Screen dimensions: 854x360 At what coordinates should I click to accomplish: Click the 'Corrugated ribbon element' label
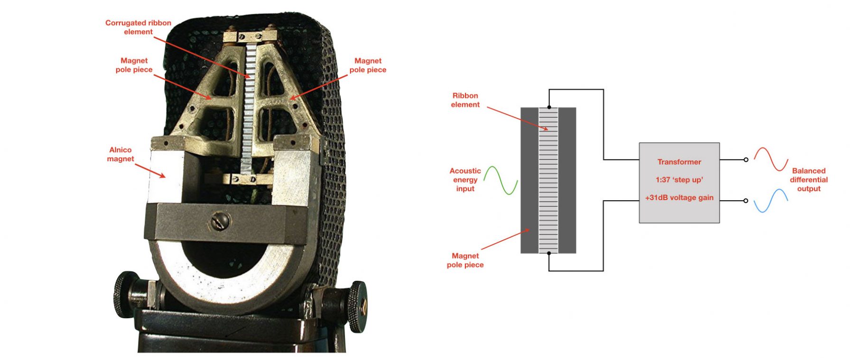point(138,27)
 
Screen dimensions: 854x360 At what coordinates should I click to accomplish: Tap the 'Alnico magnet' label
point(121,154)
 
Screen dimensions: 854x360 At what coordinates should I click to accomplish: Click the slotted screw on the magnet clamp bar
point(222,221)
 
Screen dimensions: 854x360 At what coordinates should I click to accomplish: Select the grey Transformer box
point(679,183)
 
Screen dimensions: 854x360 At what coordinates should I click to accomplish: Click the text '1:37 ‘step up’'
point(679,180)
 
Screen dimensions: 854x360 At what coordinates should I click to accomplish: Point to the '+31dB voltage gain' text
point(679,198)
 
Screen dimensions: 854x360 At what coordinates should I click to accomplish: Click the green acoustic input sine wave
point(501,180)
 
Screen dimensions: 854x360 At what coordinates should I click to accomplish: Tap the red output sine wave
point(771,159)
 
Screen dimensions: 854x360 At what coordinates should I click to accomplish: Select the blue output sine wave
point(771,201)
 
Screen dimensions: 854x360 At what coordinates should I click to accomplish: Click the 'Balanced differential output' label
point(808,180)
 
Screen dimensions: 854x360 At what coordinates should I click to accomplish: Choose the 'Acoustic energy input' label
point(465,180)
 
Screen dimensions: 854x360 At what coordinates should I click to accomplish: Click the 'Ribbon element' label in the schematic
point(465,100)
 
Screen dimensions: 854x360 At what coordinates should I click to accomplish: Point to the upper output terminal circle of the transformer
point(746,160)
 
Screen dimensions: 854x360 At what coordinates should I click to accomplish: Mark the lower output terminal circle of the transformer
point(746,201)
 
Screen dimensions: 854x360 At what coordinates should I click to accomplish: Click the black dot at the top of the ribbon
point(549,107)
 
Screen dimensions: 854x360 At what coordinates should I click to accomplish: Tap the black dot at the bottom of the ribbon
point(549,253)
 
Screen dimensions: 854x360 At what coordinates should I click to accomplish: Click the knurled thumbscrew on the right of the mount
point(357,306)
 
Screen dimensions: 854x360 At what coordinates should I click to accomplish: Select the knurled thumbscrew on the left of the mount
point(124,295)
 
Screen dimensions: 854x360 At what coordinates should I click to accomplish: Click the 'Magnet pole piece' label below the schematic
point(465,260)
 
